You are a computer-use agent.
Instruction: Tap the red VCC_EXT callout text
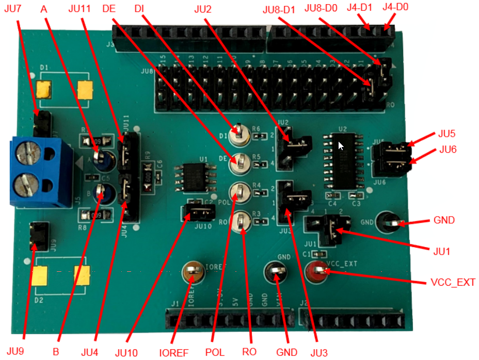coord(452,283)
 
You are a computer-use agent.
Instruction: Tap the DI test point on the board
coord(239,135)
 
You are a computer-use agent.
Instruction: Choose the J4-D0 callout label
coord(396,8)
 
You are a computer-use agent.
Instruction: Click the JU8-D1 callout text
coord(279,9)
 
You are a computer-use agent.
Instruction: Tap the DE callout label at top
coord(109,9)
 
